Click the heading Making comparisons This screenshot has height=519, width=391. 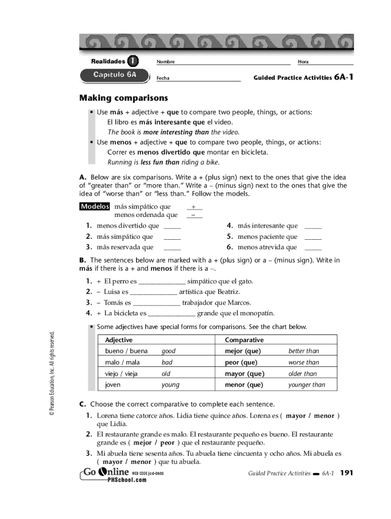click(x=123, y=98)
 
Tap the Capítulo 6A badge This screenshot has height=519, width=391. click(x=115, y=75)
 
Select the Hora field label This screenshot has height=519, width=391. click(x=303, y=62)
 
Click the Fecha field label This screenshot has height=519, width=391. click(x=163, y=79)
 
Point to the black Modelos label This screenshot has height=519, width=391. click(x=95, y=207)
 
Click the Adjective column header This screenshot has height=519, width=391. click(x=119, y=340)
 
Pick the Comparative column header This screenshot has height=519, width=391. click(x=244, y=340)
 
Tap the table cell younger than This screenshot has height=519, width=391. click(x=307, y=385)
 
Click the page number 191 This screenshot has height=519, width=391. click(x=346, y=473)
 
